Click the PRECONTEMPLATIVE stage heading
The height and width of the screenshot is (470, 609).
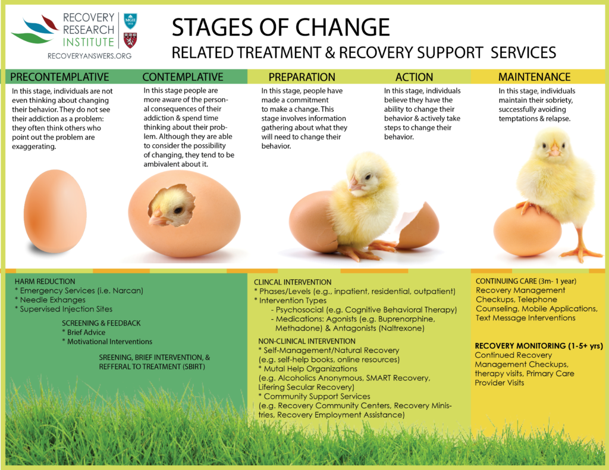(59, 77)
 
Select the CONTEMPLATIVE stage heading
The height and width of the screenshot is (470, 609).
(183, 77)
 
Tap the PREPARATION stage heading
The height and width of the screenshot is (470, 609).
(302, 77)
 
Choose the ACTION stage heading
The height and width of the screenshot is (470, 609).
(414, 77)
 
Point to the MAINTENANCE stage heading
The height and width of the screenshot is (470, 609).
(535, 77)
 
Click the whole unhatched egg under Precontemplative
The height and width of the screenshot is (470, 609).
(55, 211)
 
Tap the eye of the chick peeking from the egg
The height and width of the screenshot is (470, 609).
(178, 210)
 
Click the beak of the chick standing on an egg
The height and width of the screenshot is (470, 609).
(554, 150)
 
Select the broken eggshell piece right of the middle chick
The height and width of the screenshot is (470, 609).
(419, 226)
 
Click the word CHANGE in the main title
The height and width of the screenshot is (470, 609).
(342, 27)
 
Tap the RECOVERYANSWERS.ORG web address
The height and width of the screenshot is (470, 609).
(89, 56)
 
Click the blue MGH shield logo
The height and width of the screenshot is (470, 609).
(130, 21)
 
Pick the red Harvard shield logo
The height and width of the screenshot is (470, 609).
(130, 40)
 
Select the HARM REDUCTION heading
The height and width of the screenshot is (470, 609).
(45, 282)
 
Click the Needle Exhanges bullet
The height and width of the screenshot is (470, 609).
(50, 299)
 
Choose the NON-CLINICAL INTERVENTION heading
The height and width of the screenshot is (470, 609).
(307, 341)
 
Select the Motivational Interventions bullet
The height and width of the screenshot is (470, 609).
(107, 342)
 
